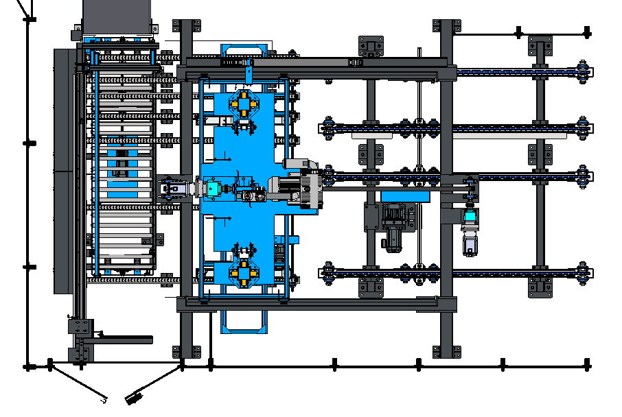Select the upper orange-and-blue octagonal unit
(x=243, y=104)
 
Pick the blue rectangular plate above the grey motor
(x=404, y=196)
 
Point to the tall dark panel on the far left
(x=62, y=171)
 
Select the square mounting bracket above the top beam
(x=371, y=47)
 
